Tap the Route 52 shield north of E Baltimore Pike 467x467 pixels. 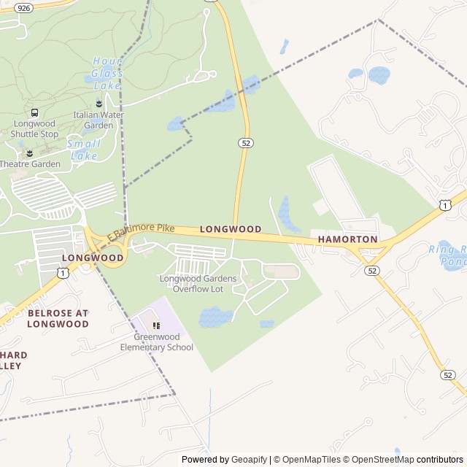click(245, 143)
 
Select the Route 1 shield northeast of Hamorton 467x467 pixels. click(444, 206)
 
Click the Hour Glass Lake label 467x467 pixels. click(107, 74)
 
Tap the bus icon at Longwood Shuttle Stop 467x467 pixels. click(34, 112)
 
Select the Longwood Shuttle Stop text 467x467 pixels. click(34, 128)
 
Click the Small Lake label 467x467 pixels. click(83, 150)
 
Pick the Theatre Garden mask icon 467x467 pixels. click(30, 153)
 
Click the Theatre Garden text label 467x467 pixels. click(30, 164)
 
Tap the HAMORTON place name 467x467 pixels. click(347, 239)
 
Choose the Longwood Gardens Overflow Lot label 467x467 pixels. click(198, 284)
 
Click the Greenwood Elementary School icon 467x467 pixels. click(156, 325)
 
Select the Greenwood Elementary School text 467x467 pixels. click(157, 342)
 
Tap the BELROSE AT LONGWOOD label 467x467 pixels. click(58, 318)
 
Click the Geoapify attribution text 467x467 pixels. click(250, 460)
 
